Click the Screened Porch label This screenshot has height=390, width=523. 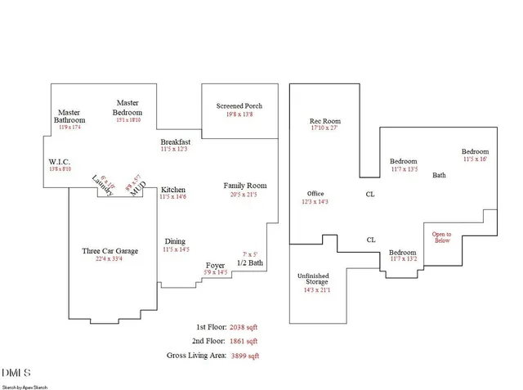pyautogui.click(x=239, y=106)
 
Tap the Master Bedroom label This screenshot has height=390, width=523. pyautogui.click(x=127, y=107)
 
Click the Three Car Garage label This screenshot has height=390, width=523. pyautogui.click(x=110, y=251)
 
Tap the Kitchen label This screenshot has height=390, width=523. pyautogui.click(x=173, y=189)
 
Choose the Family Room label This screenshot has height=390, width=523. pyautogui.click(x=245, y=186)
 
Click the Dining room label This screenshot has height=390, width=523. pyautogui.click(x=175, y=241)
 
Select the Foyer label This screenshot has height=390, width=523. pyautogui.click(x=215, y=265)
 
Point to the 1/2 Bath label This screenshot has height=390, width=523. pyautogui.click(x=249, y=263)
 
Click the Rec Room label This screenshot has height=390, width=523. pyautogui.click(x=324, y=120)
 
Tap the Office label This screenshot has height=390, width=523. pyautogui.click(x=315, y=194)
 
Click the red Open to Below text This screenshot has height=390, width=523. pyautogui.click(x=441, y=237)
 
